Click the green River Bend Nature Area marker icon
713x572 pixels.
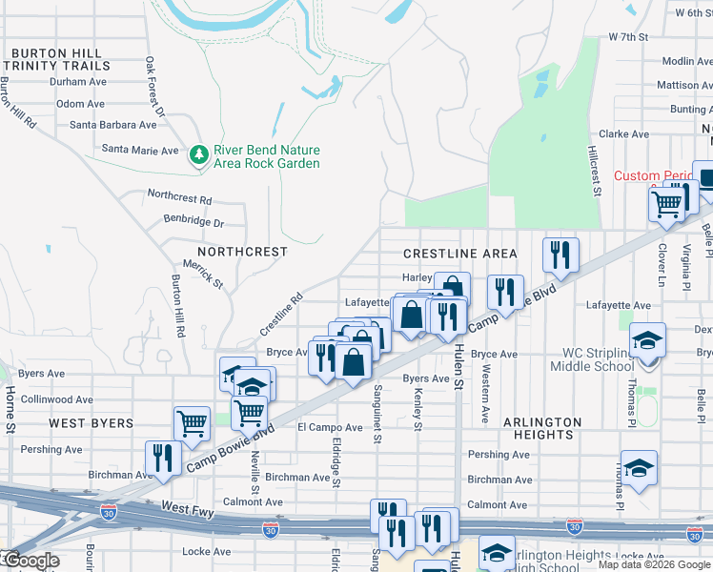pos(199,154)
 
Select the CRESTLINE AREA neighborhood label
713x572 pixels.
pos(460,254)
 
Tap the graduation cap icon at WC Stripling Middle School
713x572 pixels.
pos(647,340)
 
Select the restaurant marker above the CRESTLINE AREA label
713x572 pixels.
pos(560,255)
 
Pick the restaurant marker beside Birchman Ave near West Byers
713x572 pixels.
pos(162,458)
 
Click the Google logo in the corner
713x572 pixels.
pos(31,561)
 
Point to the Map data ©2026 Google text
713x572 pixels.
pos(653,564)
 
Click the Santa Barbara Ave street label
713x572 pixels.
pos(112,125)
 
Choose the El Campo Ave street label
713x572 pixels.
pos(331,428)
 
